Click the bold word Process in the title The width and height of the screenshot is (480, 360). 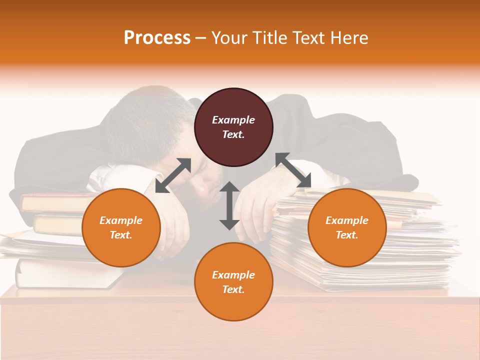click(x=157, y=38)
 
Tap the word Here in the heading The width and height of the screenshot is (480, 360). click(x=348, y=38)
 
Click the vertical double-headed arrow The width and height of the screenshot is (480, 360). click(x=229, y=205)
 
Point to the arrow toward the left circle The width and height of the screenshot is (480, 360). click(x=173, y=175)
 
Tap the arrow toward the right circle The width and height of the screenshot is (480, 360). click(x=293, y=170)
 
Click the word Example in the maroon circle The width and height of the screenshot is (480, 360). click(x=233, y=120)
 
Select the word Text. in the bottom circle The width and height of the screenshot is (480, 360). click(x=233, y=289)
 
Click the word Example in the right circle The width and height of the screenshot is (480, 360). click(x=347, y=220)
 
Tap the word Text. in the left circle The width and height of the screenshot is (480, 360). click(x=121, y=235)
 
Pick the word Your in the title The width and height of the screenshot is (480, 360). click(x=228, y=38)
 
